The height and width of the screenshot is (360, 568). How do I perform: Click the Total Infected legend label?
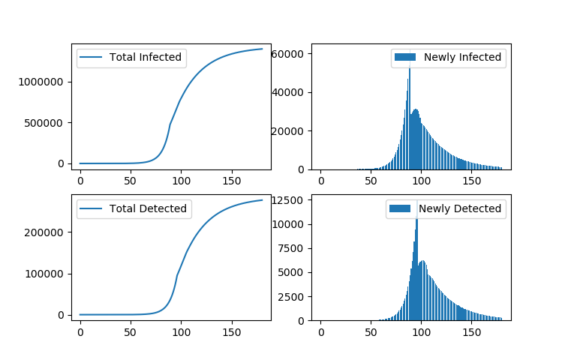coord(146,57)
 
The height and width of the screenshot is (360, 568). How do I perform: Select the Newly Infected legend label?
coord(462,57)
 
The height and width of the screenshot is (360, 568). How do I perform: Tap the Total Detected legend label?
coord(148,208)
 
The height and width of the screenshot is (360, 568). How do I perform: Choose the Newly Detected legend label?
coord(460,208)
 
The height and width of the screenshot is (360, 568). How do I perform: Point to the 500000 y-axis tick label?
coord(48,122)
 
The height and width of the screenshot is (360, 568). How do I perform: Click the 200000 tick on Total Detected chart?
coord(48,232)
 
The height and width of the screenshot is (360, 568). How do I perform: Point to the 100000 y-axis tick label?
coord(48,274)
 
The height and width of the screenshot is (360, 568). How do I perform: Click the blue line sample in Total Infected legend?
coord(92,57)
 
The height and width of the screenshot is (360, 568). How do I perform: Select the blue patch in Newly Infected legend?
coord(405,57)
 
